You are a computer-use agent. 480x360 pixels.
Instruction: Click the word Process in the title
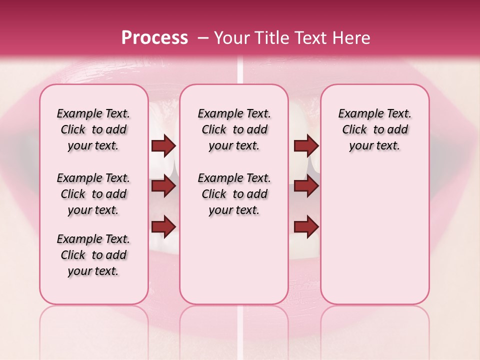(x=154, y=38)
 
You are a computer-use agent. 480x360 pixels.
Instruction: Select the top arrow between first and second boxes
(x=163, y=146)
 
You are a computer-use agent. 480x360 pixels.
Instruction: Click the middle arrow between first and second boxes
(x=163, y=186)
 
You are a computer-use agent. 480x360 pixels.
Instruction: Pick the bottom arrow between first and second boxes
(x=163, y=227)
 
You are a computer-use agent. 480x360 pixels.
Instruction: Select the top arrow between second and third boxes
(x=306, y=146)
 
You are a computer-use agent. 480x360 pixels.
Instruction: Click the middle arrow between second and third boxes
(x=306, y=186)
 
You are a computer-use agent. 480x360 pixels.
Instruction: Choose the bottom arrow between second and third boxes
(x=306, y=227)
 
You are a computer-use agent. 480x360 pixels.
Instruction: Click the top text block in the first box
(x=93, y=130)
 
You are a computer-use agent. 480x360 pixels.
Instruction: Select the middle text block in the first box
(x=93, y=194)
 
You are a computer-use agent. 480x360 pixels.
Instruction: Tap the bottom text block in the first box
(x=93, y=255)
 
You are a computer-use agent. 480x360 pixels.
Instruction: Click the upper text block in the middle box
(x=234, y=130)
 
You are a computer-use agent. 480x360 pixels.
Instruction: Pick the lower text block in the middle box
(x=234, y=194)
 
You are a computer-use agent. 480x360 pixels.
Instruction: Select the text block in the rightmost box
(x=375, y=130)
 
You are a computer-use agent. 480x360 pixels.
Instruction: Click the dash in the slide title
(x=203, y=38)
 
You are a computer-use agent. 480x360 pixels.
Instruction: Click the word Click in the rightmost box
(x=354, y=130)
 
